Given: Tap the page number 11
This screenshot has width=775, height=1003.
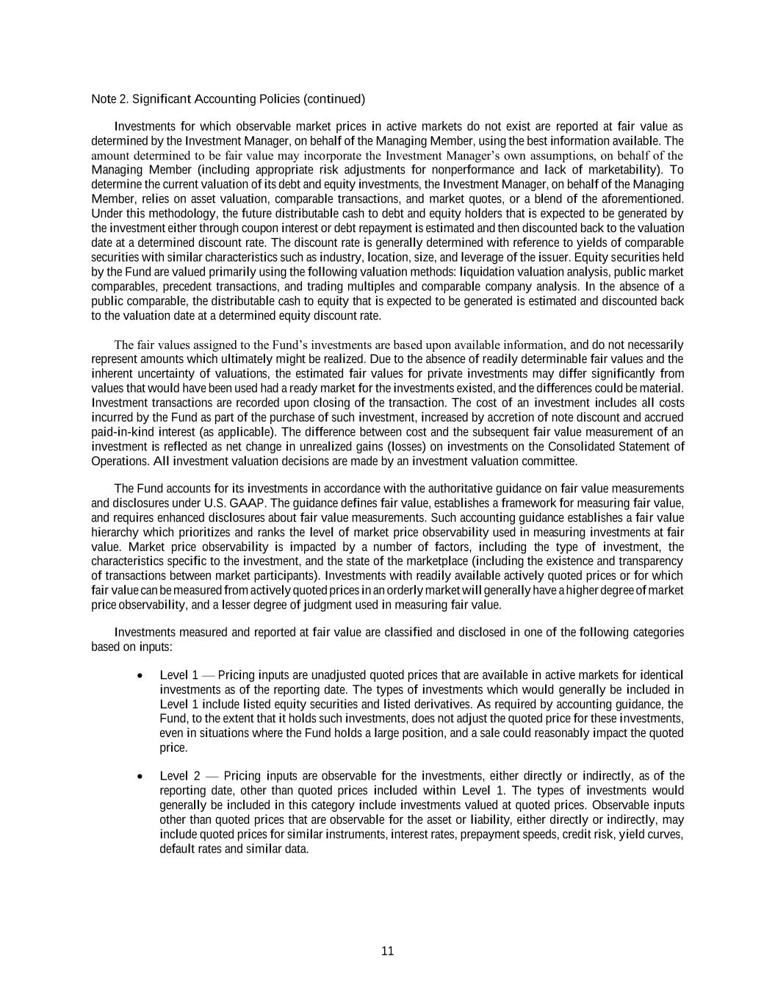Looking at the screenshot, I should pyautogui.click(x=388, y=951).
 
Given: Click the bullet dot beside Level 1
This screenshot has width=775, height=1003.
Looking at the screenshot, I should pyautogui.click(x=140, y=675).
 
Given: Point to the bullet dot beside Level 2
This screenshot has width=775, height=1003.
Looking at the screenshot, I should pyautogui.click(x=140, y=777).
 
